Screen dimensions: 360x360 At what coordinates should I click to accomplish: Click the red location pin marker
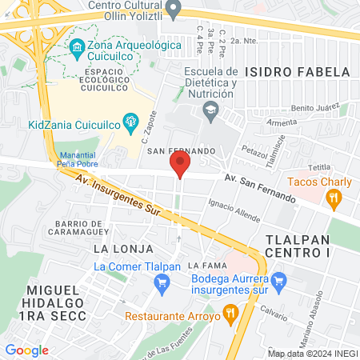point(180,166)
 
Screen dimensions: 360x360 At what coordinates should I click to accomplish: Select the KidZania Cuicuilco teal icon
point(129,123)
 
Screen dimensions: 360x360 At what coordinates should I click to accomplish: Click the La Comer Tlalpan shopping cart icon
point(162,282)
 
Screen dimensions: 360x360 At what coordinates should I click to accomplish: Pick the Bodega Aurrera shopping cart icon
point(278,281)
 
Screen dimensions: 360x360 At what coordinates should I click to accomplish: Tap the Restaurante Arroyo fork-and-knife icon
point(230,314)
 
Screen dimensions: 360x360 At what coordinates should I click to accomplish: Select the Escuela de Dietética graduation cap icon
point(210,112)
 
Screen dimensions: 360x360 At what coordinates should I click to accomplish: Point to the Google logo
point(26,350)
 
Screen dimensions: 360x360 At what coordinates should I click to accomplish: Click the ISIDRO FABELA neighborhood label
point(287,70)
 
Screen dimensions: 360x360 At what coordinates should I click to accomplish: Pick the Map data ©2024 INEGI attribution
point(311,353)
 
